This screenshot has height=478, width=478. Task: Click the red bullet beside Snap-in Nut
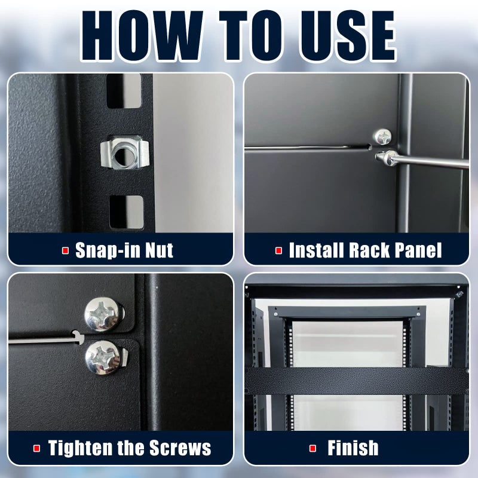[x=66, y=250]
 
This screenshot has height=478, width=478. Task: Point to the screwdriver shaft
[x=436, y=161]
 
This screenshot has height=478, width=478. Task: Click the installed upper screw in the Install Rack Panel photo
[x=382, y=137]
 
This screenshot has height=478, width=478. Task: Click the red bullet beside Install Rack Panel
[x=278, y=250]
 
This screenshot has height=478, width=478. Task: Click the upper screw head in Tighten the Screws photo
[x=103, y=312]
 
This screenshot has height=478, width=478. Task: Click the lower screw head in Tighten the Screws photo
[x=103, y=357]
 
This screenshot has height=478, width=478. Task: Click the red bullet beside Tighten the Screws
[x=37, y=448]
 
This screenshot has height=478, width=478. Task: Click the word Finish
[x=353, y=448]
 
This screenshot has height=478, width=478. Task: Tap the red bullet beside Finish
[x=313, y=448]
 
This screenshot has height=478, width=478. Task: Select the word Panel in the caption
[x=415, y=250]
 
